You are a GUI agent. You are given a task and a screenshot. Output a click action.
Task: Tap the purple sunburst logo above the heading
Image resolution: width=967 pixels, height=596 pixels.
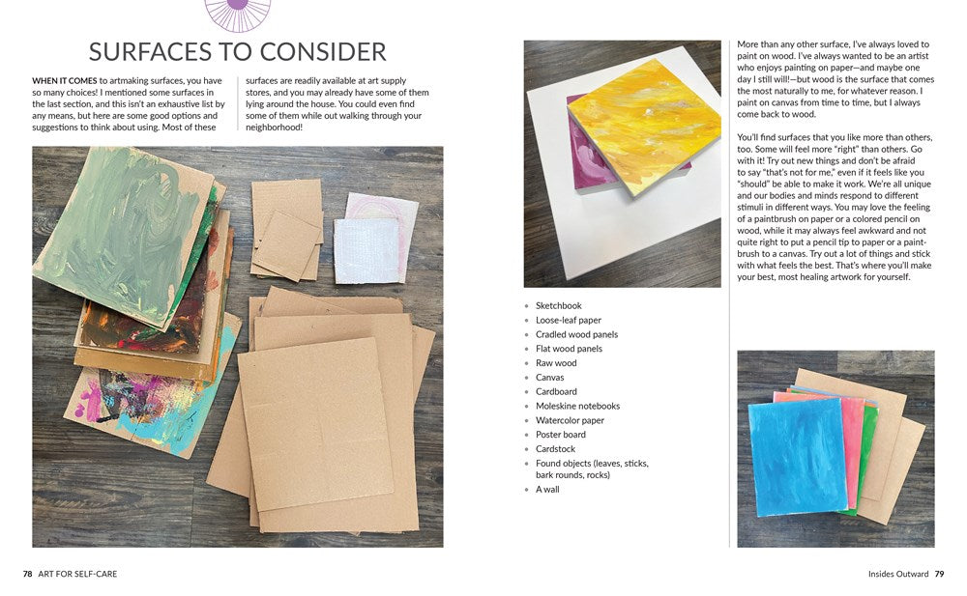237,14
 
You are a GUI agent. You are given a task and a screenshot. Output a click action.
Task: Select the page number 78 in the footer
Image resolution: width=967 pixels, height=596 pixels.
28,574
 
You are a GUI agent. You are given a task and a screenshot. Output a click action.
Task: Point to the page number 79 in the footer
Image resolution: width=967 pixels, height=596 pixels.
939,574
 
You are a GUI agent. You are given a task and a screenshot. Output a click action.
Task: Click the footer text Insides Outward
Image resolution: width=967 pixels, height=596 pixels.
898,574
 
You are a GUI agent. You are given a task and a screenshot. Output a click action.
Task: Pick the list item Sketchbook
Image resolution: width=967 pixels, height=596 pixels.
559,305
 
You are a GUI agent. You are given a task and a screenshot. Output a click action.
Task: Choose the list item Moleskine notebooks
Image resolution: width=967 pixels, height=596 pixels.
578,406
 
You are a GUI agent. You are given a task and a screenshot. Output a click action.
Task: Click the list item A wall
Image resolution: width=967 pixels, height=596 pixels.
547,490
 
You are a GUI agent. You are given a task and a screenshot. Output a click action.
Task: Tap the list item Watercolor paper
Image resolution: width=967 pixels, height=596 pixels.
570,420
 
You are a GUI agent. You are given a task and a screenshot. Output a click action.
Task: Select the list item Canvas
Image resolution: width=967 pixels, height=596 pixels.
549,377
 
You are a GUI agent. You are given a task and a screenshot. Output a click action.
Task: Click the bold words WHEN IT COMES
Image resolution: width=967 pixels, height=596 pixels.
65,81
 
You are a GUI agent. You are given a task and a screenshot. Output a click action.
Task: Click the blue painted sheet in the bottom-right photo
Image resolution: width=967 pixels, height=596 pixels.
797,456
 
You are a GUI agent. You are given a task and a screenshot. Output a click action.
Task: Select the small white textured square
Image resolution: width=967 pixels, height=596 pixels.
366,250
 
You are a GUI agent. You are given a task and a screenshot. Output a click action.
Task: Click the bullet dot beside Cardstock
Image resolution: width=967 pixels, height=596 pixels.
527,449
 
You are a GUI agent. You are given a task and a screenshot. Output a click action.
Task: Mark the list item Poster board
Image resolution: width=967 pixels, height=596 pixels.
561,435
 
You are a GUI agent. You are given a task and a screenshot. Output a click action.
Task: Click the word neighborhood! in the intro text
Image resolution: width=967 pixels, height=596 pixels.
275,128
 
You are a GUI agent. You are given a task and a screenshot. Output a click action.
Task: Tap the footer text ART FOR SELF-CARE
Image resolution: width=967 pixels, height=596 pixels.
77,574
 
